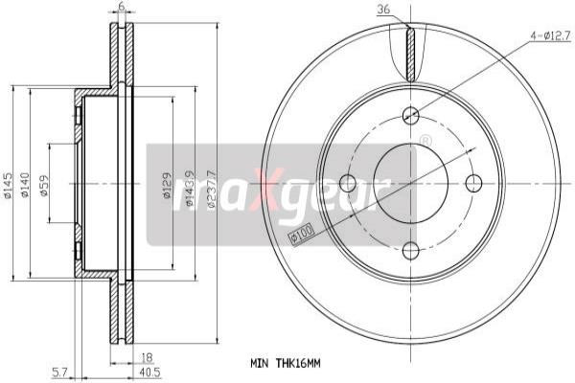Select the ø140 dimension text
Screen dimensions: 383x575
[28, 184]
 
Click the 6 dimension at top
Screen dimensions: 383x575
[122, 7]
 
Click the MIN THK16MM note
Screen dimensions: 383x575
[285, 363]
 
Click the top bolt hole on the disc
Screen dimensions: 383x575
[411, 115]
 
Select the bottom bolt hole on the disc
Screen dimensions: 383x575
[411, 251]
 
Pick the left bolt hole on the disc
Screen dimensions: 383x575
[347, 183]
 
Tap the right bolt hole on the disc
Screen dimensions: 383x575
[474, 183]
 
